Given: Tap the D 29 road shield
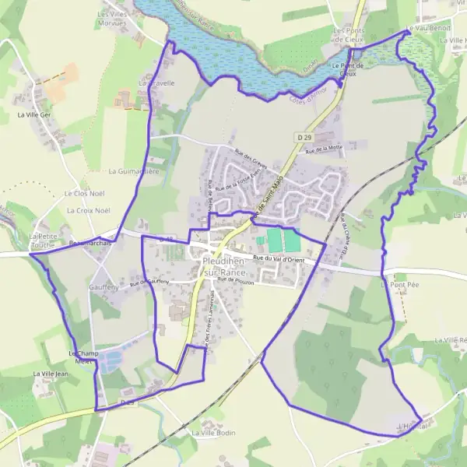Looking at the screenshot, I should click(304, 137).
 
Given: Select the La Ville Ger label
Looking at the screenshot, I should click(33, 114).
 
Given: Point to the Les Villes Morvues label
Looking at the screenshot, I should click(112, 19).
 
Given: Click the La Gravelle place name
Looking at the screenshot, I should click(156, 82).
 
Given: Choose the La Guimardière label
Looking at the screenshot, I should click(133, 170).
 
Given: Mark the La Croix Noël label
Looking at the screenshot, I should click(89, 210).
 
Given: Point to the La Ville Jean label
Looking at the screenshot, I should click(51, 374).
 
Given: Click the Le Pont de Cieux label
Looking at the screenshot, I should click(347, 70).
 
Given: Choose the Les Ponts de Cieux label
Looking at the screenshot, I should click(348, 36).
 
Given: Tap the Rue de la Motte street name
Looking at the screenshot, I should click(324, 148).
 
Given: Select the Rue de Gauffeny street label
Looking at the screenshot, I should click(149, 282).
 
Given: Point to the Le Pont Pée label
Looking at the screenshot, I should click(395, 286).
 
